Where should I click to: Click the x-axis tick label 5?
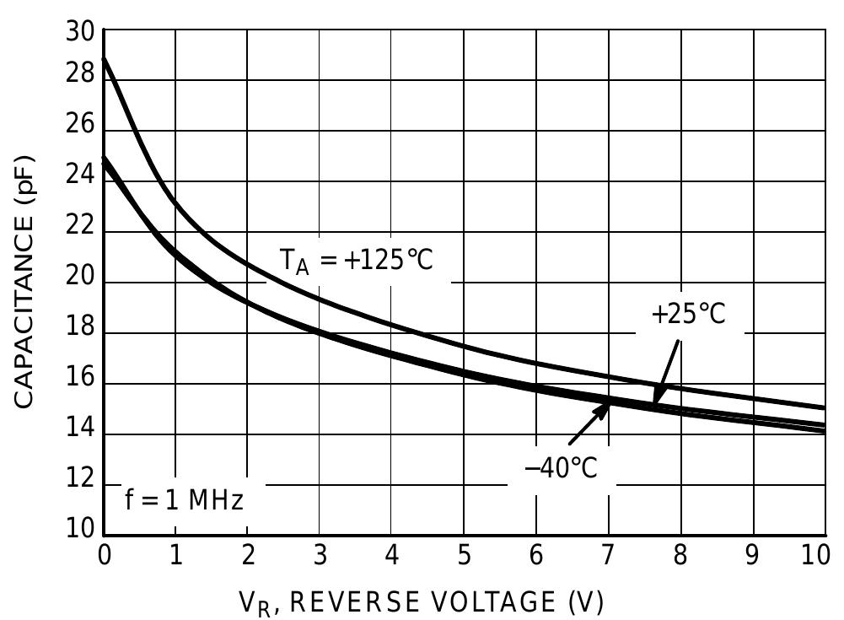(464, 557)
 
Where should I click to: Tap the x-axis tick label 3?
(320, 557)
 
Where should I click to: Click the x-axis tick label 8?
(680, 557)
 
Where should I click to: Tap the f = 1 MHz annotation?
(184, 499)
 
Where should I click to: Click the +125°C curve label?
(356, 260)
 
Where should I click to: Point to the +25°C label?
(687, 314)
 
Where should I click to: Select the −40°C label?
(561, 466)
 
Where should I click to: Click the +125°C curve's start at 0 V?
(104, 58)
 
